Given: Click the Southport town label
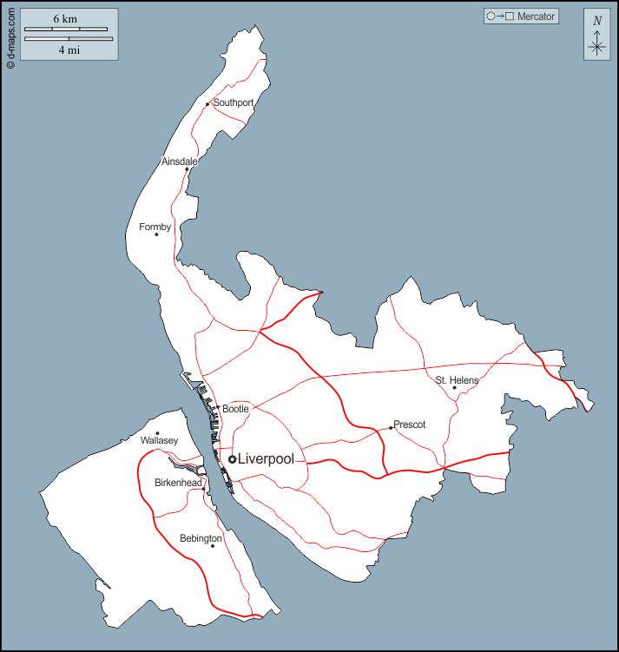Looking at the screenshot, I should [x=234, y=102].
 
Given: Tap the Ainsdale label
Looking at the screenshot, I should [x=179, y=161].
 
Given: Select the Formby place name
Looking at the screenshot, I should [x=155, y=227].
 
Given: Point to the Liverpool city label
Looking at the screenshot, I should [x=266, y=459].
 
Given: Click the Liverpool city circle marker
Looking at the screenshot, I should [x=232, y=459].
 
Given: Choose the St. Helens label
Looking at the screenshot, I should [x=457, y=379].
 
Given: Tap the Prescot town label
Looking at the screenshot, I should [x=409, y=425].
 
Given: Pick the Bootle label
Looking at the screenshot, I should [x=235, y=408].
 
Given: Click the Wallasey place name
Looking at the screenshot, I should [x=159, y=441].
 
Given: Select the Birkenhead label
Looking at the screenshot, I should [x=178, y=483].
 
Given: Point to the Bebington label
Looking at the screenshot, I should [x=201, y=538].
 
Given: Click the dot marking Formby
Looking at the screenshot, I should [x=156, y=234].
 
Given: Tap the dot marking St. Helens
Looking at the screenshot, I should [x=454, y=388].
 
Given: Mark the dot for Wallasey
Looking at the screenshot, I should [x=157, y=433].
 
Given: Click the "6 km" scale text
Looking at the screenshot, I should [x=64, y=18].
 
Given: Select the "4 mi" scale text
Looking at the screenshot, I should [x=68, y=50].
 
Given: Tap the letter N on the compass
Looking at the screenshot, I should [x=596, y=21].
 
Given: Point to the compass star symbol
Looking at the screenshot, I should [x=596, y=47].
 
